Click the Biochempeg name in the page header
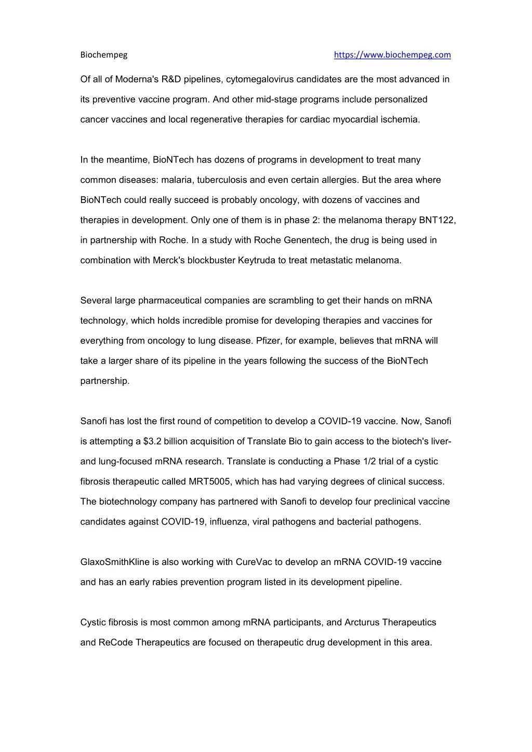104,55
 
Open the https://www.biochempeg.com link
392,55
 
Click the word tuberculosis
221,180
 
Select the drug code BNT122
437,220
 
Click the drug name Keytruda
256,260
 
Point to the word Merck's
169,260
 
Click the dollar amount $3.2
147,441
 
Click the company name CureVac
253,562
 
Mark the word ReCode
116,642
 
